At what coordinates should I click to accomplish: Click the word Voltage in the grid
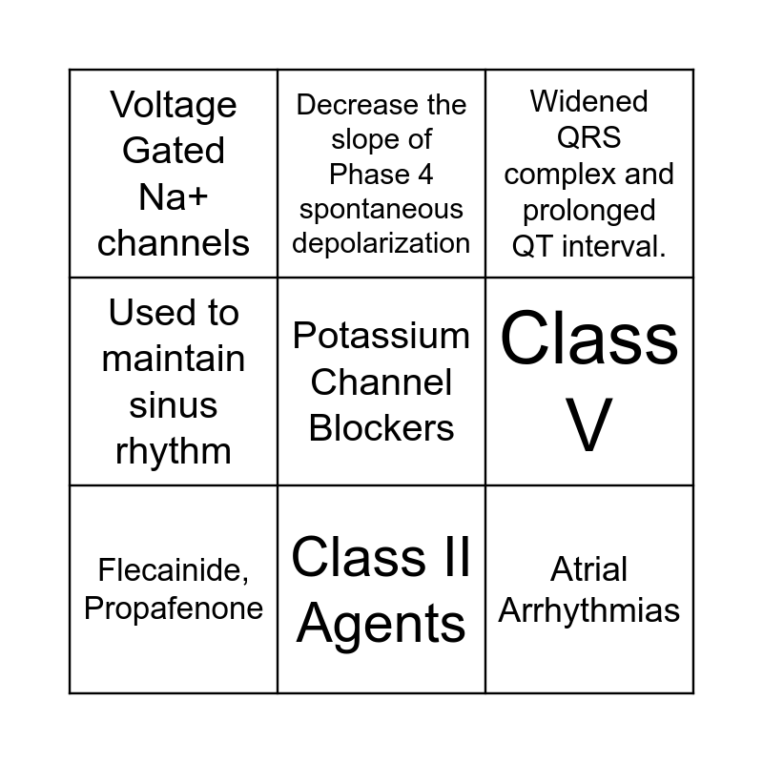(x=174, y=105)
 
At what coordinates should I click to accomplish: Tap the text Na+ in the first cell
(x=174, y=197)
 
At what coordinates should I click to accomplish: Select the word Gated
(x=174, y=151)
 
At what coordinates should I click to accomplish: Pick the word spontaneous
(x=381, y=209)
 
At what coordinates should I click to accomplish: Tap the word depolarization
(x=381, y=243)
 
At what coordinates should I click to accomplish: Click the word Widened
(x=589, y=102)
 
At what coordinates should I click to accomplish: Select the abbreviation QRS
(x=589, y=138)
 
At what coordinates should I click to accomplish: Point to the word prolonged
(x=589, y=211)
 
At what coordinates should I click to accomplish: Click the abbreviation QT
(x=534, y=247)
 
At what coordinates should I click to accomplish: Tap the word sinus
(x=174, y=405)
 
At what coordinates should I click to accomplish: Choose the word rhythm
(x=174, y=451)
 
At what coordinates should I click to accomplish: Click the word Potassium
(x=381, y=336)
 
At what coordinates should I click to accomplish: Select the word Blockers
(x=381, y=428)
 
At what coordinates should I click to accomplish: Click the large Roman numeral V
(x=589, y=426)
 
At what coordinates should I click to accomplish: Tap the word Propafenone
(x=174, y=608)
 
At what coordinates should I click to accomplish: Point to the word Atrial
(x=589, y=570)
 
